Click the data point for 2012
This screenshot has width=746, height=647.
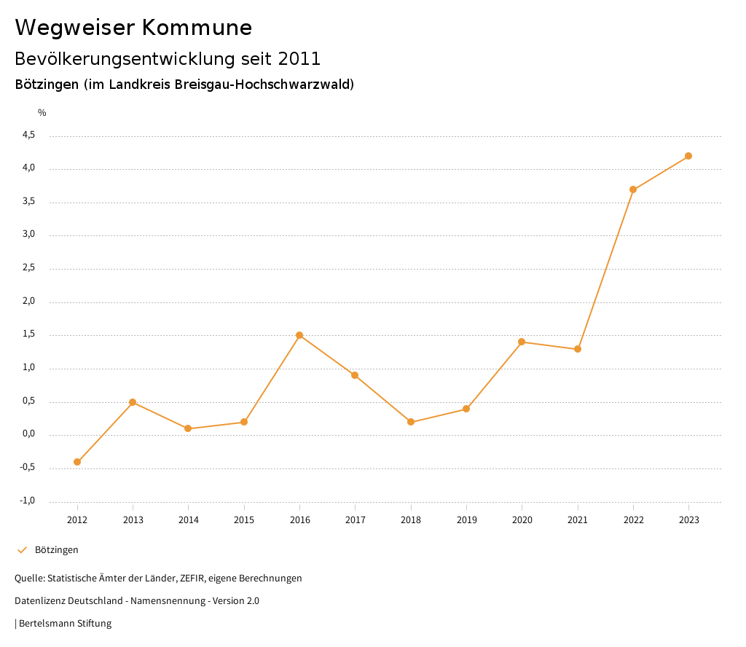coord(77,462)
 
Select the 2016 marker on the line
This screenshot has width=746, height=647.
coord(299,335)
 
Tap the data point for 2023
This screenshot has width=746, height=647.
coord(688,156)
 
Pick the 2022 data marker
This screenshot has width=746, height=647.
coord(633,189)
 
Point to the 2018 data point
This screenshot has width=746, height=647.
coord(411,422)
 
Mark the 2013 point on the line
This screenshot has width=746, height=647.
coord(133,402)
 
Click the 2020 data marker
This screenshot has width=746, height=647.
coord(522,342)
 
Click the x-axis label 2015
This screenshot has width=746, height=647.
coord(244,520)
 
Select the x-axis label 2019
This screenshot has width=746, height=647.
coord(466,520)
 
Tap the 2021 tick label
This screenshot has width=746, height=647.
coord(578,520)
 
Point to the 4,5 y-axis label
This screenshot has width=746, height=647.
coord(28,136)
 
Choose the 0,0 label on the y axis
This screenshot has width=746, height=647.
coord(28,435)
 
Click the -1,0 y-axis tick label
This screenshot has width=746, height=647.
coord(27,501)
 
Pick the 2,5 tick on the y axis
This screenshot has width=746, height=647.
coord(28,269)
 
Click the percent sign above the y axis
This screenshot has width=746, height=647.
coord(42,113)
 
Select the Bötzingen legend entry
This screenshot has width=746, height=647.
coord(56,550)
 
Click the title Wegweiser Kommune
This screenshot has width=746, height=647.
coord(133,28)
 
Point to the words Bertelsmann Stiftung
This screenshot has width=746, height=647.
coord(65,624)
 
